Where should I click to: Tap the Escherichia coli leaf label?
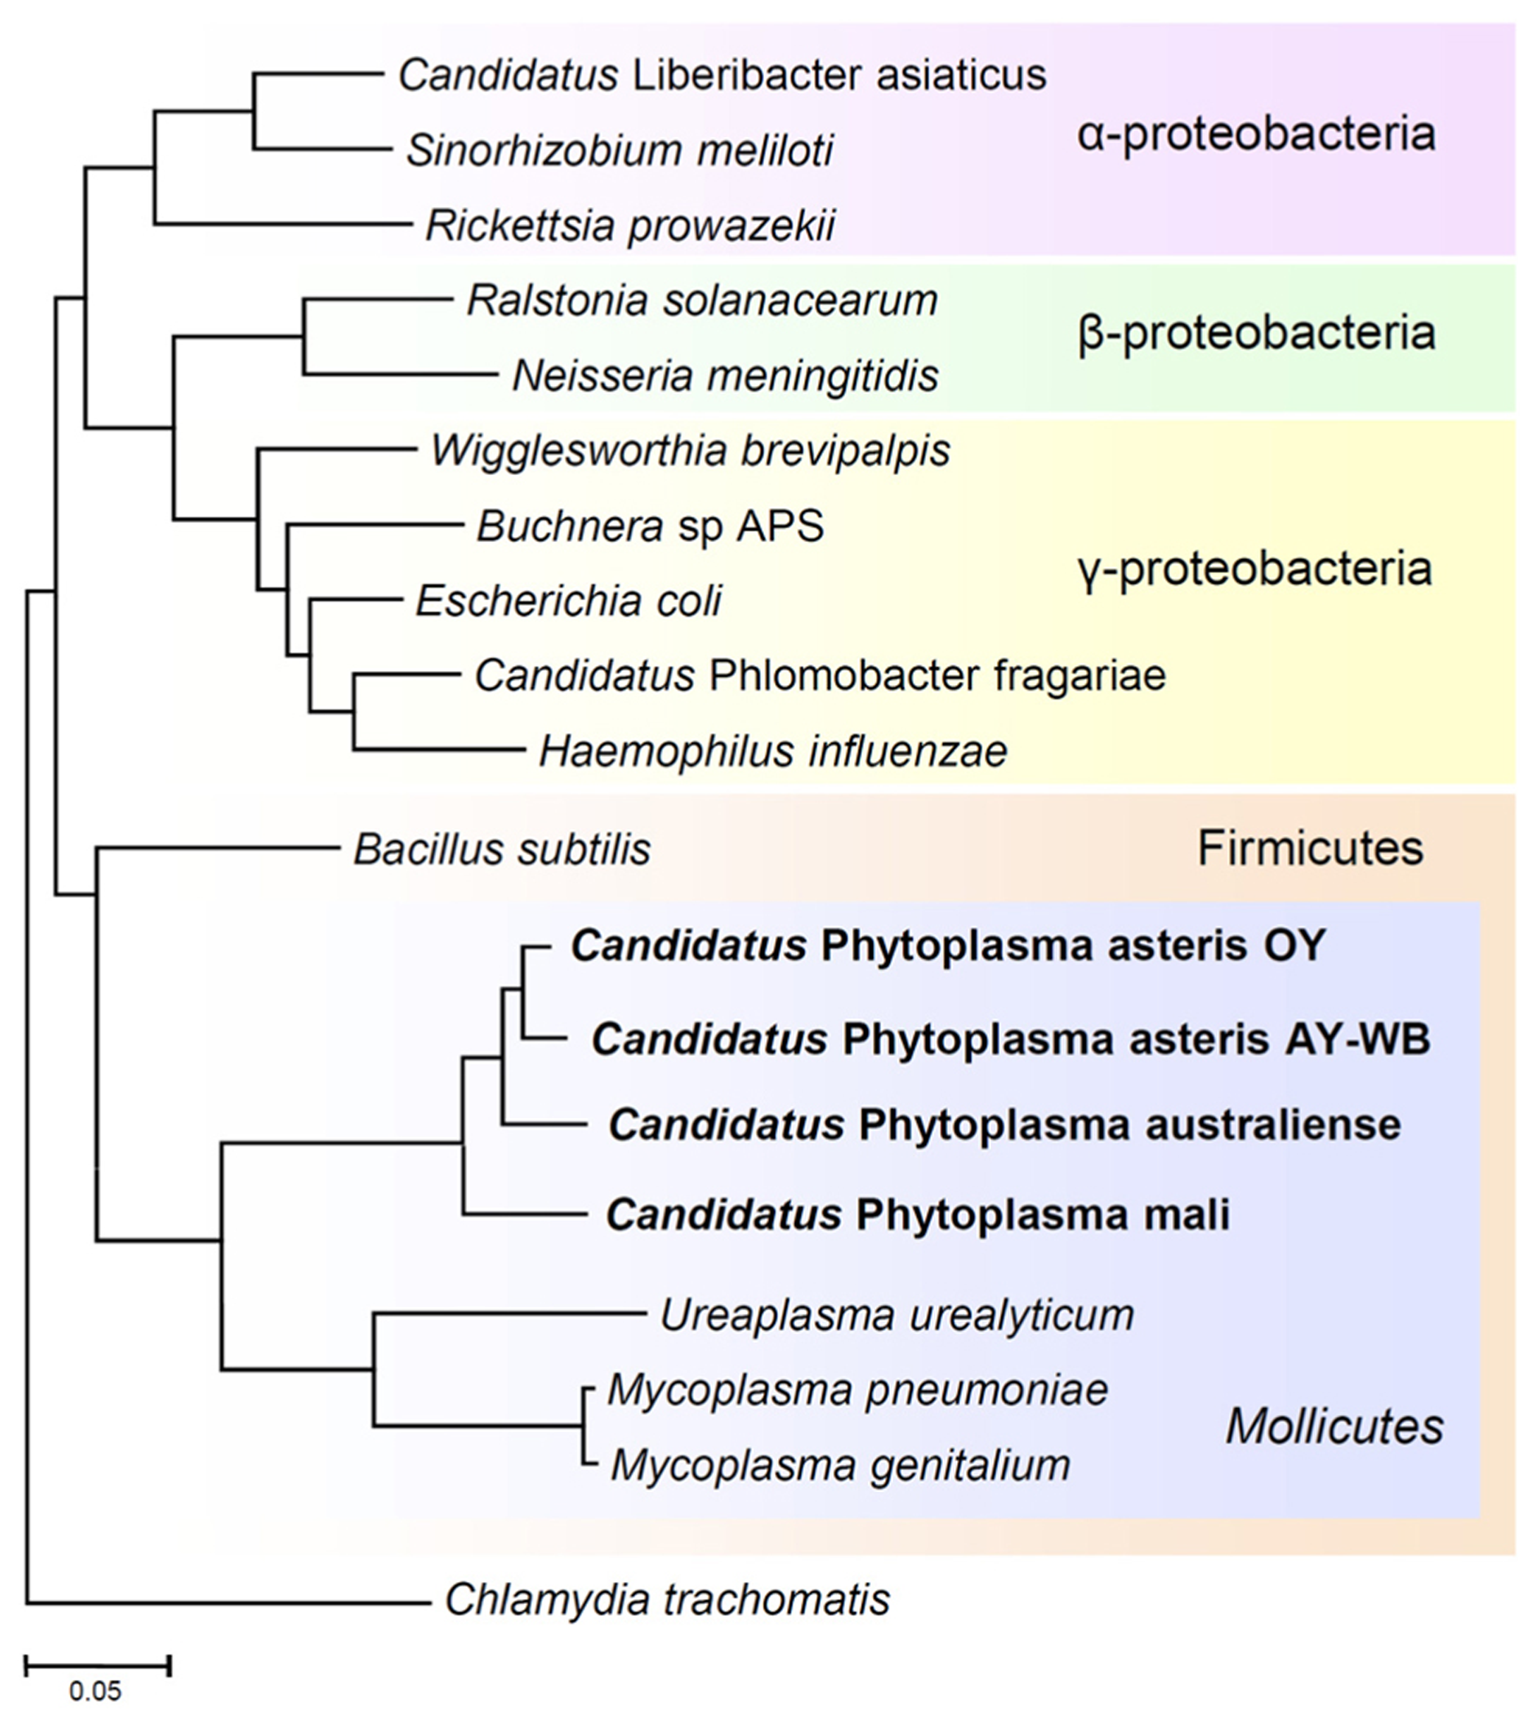click(x=568, y=602)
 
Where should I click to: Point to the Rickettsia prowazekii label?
click(x=630, y=225)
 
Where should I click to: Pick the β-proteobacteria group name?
click(x=1255, y=334)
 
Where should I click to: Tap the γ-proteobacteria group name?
click(x=1255, y=569)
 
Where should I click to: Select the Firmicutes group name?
click(x=1310, y=848)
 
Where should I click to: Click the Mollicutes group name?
click(x=1334, y=1427)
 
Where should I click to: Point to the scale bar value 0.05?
click(x=96, y=1692)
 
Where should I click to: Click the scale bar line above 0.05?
click(x=98, y=1666)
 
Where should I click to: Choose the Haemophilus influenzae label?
click(x=773, y=751)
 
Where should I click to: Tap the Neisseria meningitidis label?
click(x=726, y=376)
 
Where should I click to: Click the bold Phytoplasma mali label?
click(x=917, y=1214)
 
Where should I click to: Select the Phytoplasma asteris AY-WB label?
click(x=1011, y=1039)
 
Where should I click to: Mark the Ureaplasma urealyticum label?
click(x=897, y=1315)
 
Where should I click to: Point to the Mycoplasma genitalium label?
click(x=841, y=1465)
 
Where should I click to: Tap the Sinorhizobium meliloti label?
click(x=620, y=151)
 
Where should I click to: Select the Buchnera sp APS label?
click(x=651, y=527)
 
